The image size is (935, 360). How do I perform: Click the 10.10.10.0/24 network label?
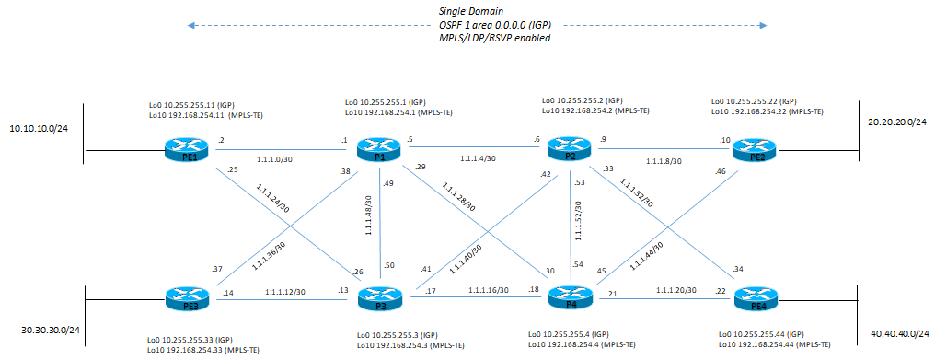[x=39, y=129]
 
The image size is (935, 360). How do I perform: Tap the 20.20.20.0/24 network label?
[x=897, y=121]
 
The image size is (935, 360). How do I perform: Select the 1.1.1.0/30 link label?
[x=274, y=159]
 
